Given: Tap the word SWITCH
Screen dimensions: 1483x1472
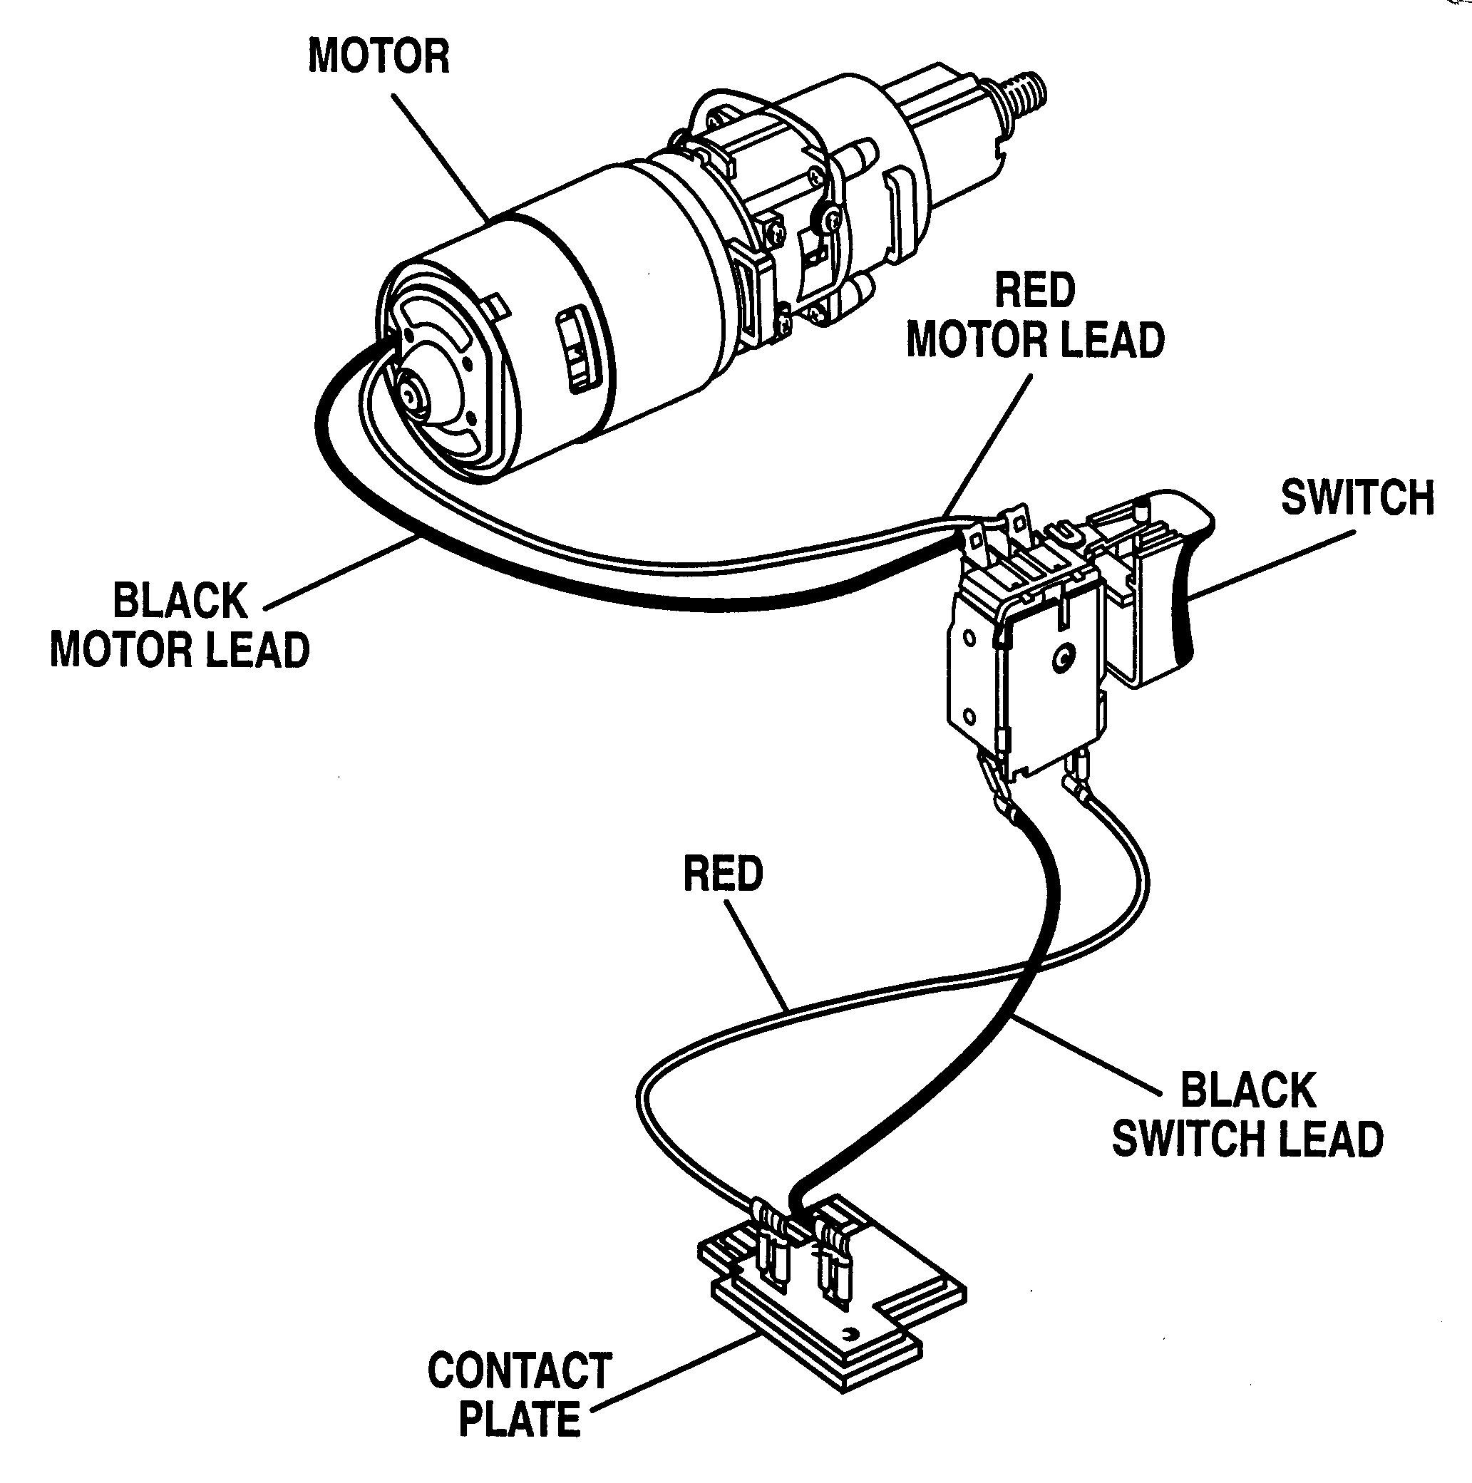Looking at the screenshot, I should point(1357,497).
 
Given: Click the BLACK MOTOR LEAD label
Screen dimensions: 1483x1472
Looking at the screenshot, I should point(180,626).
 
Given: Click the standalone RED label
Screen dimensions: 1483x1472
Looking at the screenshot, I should point(723,874).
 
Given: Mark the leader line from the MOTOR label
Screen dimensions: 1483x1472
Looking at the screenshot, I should point(441,157).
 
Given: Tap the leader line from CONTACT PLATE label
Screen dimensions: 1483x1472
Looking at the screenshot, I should point(676,1375).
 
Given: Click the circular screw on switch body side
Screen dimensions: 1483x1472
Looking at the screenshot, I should point(1064,656).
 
